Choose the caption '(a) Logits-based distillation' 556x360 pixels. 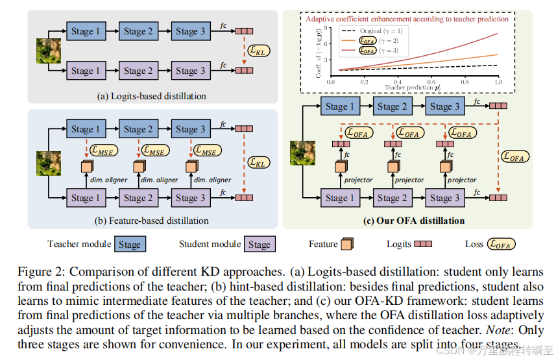[151, 96]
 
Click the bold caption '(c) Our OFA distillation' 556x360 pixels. [414, 221]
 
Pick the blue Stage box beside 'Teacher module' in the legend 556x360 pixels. [129, 245]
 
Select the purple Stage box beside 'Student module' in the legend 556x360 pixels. [259, 245]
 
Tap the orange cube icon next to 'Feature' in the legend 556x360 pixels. [348, 245]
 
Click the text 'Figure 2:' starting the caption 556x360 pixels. [33, 269]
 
